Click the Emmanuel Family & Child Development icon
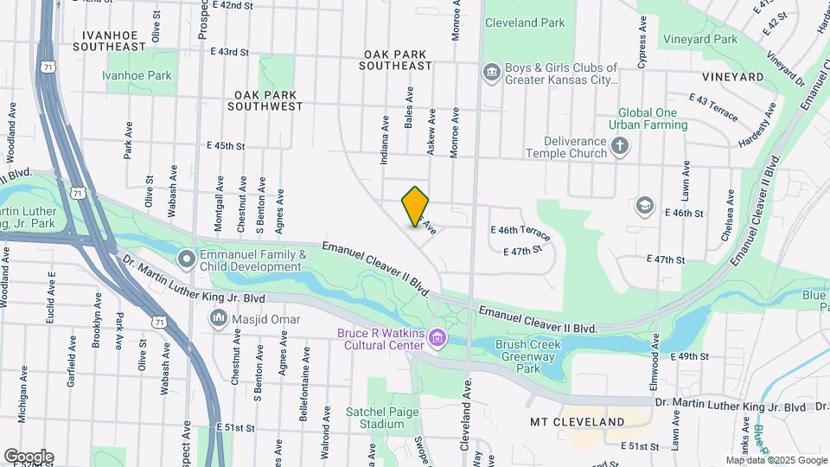click(x=187, y=259)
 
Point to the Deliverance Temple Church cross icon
click(x=619, y=147)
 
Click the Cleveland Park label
click(x=523, y=23)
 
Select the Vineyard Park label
click(x=700, y=39)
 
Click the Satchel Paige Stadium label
click(x=375, y=418)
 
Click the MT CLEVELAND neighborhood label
click(x=577, y=422)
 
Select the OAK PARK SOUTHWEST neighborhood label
click(x=265, y=100)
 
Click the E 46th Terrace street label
click(x=520, y=231)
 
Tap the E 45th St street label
click(x=227, y=146)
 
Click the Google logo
click(x=29, y=456)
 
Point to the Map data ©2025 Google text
click(x=776, y=460)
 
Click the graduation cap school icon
click(x=644, y=205)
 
